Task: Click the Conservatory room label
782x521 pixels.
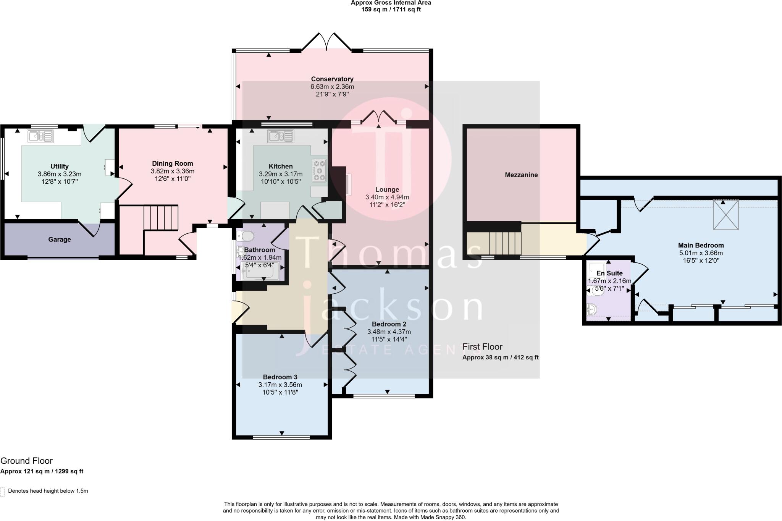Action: click(332, 79)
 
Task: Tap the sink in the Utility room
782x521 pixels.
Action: click(40, 136)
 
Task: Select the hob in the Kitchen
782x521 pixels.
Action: click(319, 170)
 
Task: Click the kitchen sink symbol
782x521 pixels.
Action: click(281, 136)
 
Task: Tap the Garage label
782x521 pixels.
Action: click(59, 239)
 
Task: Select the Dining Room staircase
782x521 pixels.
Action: click(161, 218)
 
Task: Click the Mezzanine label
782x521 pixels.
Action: click(521, 175)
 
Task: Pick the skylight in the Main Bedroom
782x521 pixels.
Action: click(726, 215)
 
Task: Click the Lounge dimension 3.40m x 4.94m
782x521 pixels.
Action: click(387, 197)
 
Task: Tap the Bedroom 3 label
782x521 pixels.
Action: click(280, 377)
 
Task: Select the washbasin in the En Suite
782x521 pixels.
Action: click(592, 309)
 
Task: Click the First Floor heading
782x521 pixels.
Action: click(482, 347)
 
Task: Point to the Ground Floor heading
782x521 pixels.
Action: click(26, 461)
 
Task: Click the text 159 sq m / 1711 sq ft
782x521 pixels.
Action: click(391, 10)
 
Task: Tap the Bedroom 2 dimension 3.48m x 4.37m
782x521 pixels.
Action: click(389, 332)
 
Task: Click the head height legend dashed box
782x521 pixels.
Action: click(3, 491)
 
